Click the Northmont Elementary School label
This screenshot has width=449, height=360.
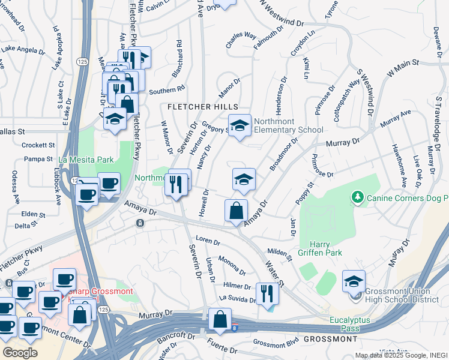click(x=288, y=125)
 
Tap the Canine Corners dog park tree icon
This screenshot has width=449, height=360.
click(x=357, y=197)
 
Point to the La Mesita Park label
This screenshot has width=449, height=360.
click(x=86, y=160)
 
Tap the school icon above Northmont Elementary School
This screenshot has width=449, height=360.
click(x=240, y=125)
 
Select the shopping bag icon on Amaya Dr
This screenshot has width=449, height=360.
click(x=237, y=211)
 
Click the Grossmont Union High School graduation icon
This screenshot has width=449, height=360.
click(x=354, y=281)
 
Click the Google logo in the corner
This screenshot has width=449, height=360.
click(x=20, y=352)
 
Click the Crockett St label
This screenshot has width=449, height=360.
click(x=38, y=145)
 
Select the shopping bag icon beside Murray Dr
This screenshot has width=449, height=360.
click(x=220, y=319)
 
